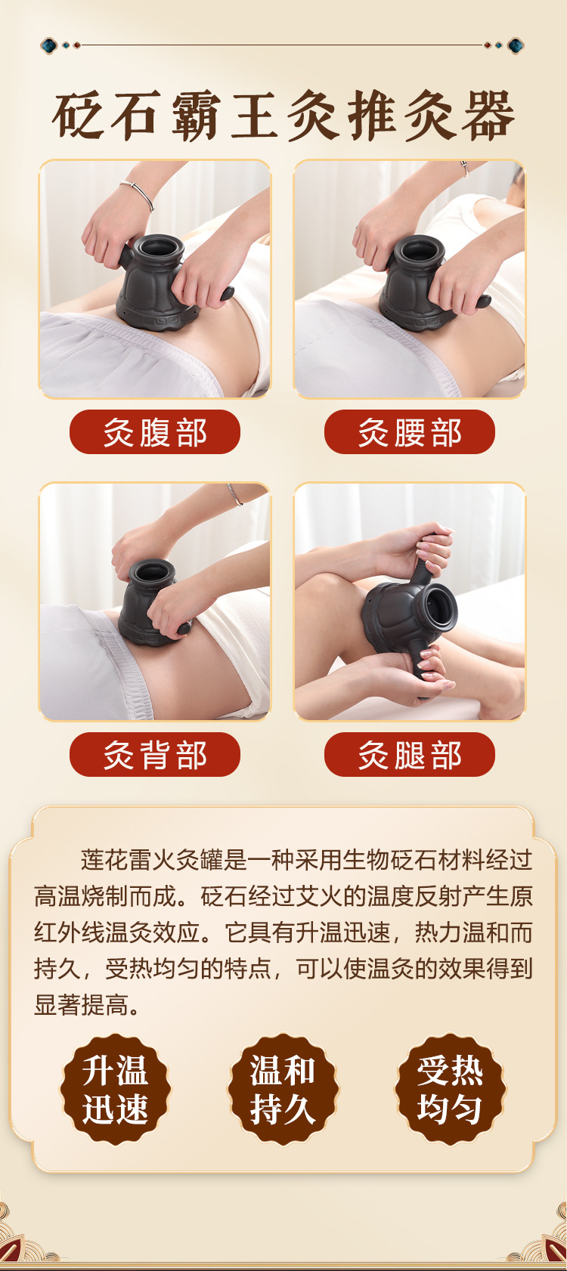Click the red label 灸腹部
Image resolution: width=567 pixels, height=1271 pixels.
coord(155,431)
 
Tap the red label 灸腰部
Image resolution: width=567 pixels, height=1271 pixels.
coord(410,431)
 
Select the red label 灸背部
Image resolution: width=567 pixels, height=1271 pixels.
coord(155,755)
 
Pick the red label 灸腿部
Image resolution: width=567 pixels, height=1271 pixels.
coord(410,755)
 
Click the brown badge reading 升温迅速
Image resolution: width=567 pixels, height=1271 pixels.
coord(116,1090)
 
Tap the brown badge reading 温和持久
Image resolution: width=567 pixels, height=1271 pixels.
coord(283,1090)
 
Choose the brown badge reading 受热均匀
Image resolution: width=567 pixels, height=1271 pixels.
coord(451,1090)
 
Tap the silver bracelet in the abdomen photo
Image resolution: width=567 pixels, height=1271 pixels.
coord(138,192)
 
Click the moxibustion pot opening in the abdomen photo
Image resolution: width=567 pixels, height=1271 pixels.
coord(160,247)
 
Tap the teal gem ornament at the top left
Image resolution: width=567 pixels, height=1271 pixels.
coord(49,45)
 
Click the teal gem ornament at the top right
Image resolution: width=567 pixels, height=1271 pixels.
coord(516,45)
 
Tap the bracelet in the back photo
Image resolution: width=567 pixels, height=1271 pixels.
coord(235,494)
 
